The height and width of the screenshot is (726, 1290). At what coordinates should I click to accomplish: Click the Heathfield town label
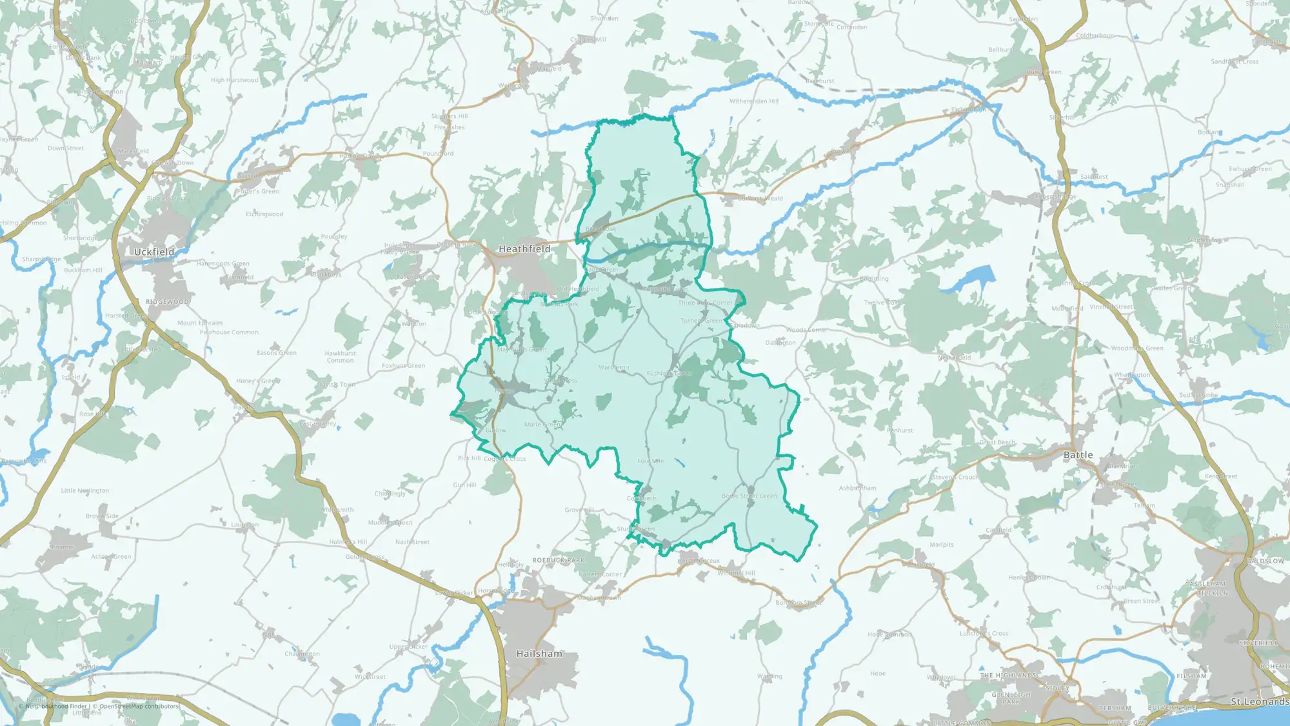[524, 249]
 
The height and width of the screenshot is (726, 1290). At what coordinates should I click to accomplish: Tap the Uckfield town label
[154, 252]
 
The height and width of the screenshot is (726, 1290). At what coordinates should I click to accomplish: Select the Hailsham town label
[539, 654]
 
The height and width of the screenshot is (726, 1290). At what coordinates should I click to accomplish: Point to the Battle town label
[1078, 455]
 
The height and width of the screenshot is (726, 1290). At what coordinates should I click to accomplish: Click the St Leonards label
[1259, 701]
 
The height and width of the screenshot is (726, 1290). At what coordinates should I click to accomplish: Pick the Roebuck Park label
[559, 560]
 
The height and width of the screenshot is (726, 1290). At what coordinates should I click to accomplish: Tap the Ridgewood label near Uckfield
[167, 302]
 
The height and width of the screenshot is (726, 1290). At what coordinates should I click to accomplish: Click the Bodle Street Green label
[749, 496]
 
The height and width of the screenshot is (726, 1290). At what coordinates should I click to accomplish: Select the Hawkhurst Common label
[340, 357]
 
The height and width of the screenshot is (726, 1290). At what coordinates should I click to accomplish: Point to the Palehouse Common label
[229, 332]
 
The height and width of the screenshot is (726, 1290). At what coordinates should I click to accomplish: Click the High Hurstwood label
[234, 81]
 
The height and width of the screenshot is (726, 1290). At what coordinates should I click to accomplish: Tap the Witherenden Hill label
[754, 101]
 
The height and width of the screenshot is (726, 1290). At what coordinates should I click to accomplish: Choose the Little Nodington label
[85, 490]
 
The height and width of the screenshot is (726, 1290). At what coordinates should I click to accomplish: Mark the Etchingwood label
[264, 214]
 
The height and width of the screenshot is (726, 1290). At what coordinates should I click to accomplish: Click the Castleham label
[1206, 583]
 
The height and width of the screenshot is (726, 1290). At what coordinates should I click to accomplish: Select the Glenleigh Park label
[1011, 698]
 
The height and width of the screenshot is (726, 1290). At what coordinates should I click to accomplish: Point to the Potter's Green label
[257, 192]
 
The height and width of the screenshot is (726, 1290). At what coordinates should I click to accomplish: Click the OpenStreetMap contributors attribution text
[139, 706]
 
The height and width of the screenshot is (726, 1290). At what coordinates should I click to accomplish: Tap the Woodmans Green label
[1137, 348]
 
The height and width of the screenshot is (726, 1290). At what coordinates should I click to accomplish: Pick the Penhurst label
[900, 430]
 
